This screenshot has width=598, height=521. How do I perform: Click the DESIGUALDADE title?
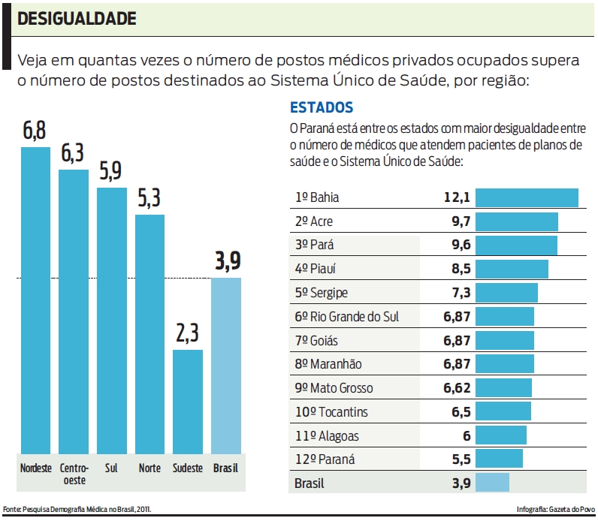pyautogui.click(x=77, y=19)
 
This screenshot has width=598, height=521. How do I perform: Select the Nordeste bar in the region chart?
pyautogui.click(x=35, y=300)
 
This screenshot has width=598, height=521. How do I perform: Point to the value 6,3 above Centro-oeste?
pyautogui.click(x=73, y=154)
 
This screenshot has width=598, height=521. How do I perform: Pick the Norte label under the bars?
pyautogui.click(x=149, y=468)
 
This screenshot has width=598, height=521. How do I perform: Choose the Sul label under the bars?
pyautogui.click(x=111, y=468)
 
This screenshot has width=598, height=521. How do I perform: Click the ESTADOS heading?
pyautogui.click(x=322, y=107)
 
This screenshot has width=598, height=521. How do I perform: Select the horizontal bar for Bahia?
pyautogui.click(x=527, y=197)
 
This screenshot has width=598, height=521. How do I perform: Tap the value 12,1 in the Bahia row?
pyautogui.click(x=456, y=197)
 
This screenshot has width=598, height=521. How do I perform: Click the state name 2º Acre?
pyautogui.click(x=314, y=221)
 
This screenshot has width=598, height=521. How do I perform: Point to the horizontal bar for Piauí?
pyautogui.click(x=512, y=269)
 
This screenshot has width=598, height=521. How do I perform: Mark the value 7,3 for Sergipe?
pyautogui.click(x=458, y=293)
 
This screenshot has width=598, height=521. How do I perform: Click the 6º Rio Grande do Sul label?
pyautogui.click(x=346, y=317)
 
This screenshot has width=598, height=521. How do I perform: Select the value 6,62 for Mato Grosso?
pyautogui.click(x=456, y=388)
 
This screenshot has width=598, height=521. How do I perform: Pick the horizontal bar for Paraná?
pyautogui.click(x=499, y=459)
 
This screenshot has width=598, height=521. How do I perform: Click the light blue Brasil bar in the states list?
pyautogui.click(x=492, y=483)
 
